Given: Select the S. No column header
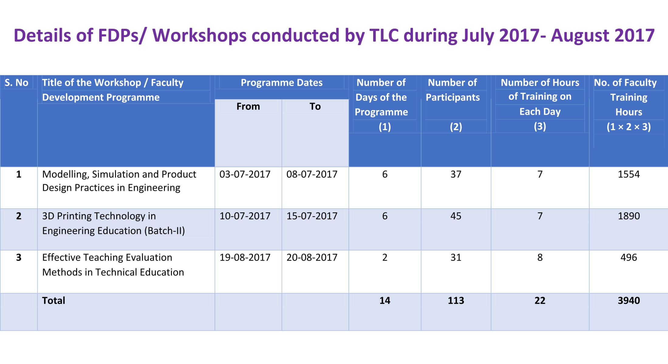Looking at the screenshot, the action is click(17, 83).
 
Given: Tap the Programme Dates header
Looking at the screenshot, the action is click(281, 83).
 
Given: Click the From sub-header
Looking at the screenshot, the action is click(248, 106).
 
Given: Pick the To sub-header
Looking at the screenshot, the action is click(315, 106).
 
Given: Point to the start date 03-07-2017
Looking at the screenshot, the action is click(245, 174).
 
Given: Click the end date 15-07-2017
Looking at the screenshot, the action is click(312, 216).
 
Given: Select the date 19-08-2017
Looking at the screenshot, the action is click(245, 258).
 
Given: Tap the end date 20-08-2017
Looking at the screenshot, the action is click(312, 258).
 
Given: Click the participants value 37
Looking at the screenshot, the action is click(456, 174).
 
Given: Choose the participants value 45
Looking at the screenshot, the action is click(456, 216).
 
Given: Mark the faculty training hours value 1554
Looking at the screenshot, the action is click(629, 174).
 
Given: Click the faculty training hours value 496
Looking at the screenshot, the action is click(629, 258).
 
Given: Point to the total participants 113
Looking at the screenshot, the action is click(456, 300).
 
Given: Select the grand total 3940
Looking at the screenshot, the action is click(629, 300).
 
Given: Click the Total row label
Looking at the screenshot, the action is click(53, 300).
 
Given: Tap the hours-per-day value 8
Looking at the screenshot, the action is click(540, 258).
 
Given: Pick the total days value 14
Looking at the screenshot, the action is click(385, 300).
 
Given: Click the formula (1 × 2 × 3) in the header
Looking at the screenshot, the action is click(629, 127).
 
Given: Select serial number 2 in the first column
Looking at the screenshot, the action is click(19, 216).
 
